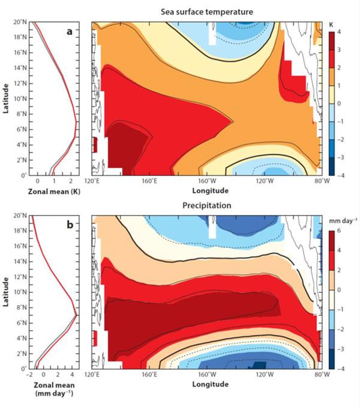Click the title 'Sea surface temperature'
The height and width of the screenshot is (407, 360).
coord(205,12)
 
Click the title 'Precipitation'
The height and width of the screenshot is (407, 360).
coord(206,205)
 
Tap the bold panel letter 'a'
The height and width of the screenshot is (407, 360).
coord(69,32)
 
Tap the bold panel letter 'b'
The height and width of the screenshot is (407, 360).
coord(69,225)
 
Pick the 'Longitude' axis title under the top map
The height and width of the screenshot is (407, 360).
coord(205,190)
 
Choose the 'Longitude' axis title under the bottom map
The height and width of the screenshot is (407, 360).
coord(205,384)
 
